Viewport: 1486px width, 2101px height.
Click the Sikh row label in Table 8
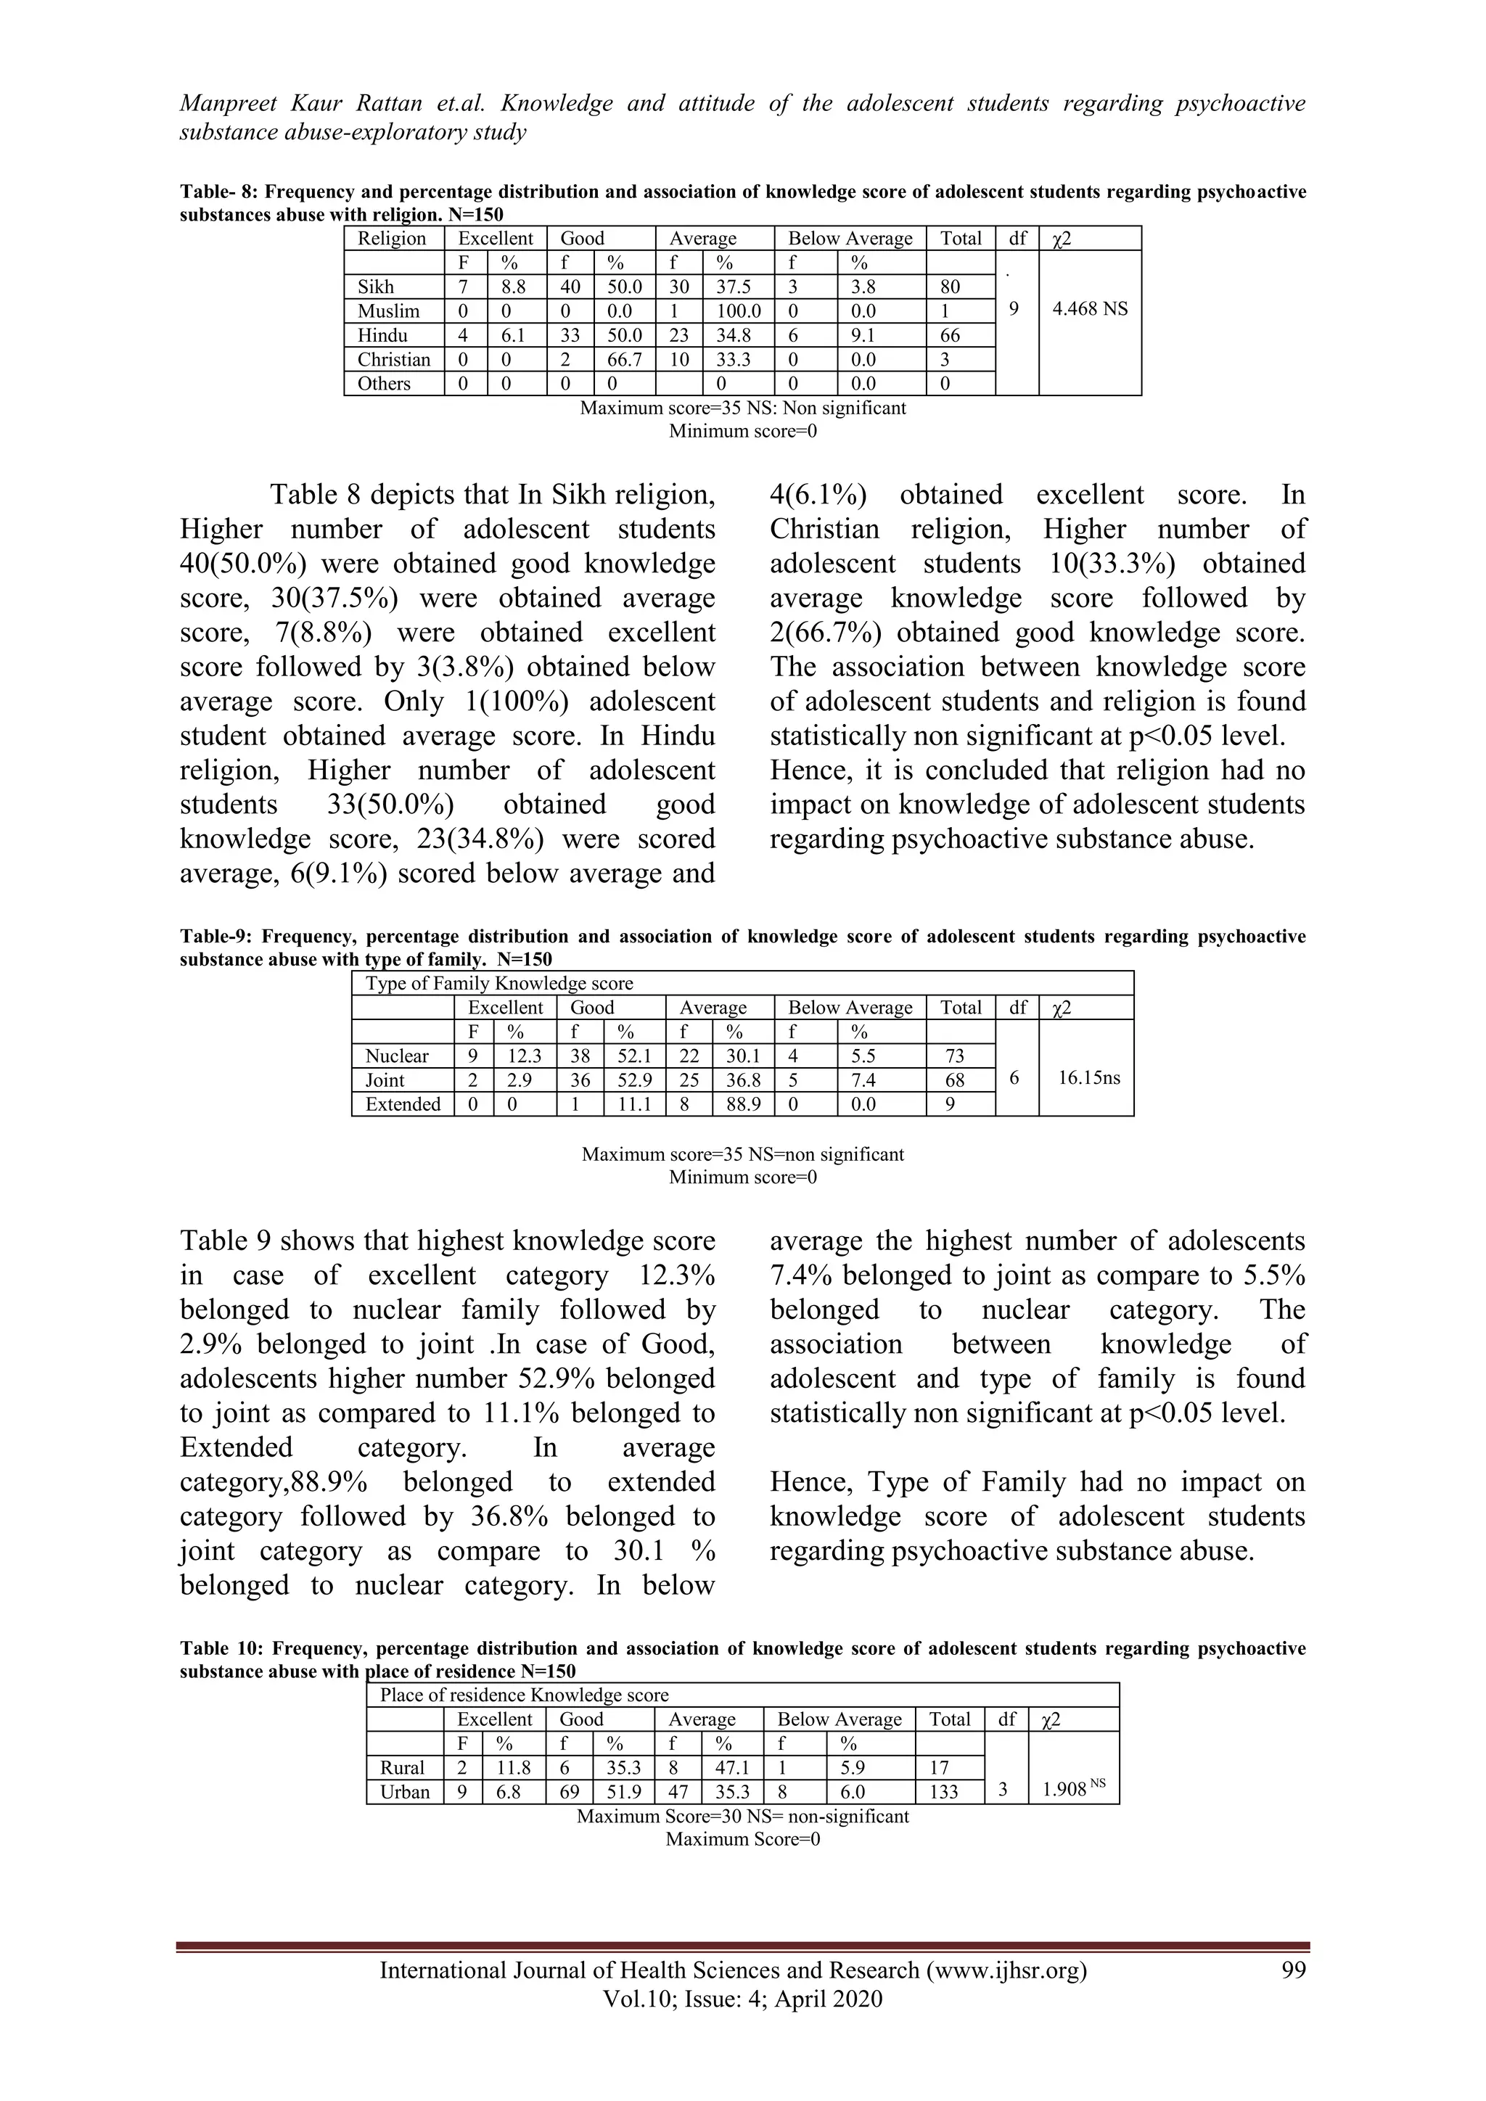[x=375, y=287]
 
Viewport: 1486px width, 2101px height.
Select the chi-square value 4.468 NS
[x=1089, y=309]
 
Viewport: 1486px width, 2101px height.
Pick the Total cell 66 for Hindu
[x=950, y=336]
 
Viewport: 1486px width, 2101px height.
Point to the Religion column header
[x=392, y=239]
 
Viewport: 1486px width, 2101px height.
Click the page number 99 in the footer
[x=1293, y=1970]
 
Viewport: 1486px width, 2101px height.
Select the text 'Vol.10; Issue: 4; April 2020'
[x=742, y=1999]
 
